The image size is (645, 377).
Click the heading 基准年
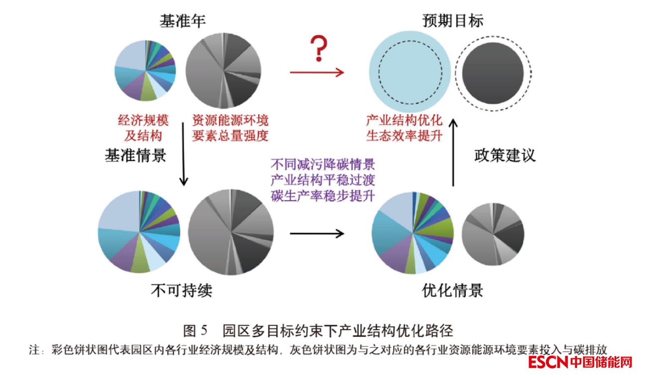[x=182, y=21]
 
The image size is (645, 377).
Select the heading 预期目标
[x=452, y=21]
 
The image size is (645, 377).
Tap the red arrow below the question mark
[x=317, y=73]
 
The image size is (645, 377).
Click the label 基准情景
[x=135, y=155]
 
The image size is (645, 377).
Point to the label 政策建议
[x=504, y=155]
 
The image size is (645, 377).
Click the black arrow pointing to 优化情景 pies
[x=317, y=233]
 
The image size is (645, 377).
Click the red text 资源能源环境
[x=230, y=121]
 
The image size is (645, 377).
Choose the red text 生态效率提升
[x=404, y=136]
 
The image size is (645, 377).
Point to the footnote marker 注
[x=33, y=351]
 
